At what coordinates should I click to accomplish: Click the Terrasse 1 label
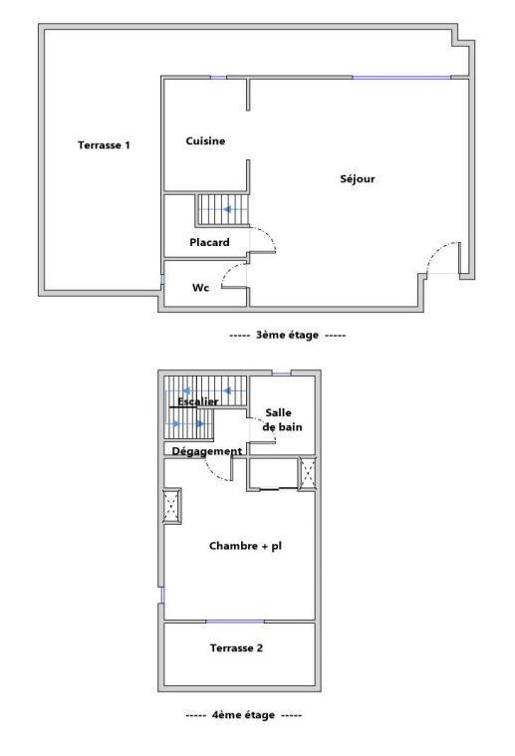104,145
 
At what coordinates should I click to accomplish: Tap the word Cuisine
205,140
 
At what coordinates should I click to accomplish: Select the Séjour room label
358,179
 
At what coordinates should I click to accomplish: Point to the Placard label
209,242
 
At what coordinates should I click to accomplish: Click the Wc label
200,288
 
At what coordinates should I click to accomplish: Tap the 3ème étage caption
288,335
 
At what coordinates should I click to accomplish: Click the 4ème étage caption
243,715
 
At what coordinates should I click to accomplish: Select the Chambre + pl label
245,546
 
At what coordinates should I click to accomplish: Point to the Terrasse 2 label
236,648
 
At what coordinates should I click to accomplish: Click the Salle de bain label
282,420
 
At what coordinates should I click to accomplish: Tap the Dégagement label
207,451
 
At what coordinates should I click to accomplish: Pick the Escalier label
197,401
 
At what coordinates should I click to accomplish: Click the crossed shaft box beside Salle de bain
307,473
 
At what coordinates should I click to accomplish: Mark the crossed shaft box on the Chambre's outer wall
171,506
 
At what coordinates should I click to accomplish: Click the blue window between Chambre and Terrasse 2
235,622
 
